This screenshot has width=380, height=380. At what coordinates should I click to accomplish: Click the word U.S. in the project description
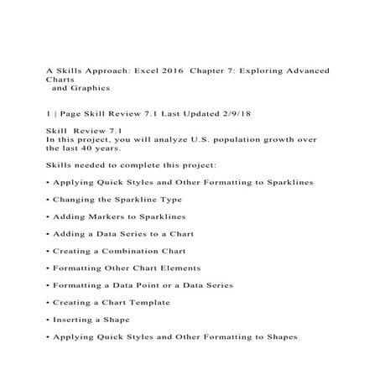pyautogui.click(x=200, y=139)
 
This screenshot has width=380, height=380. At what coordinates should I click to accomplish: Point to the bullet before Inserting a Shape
pyautogui.click(x=47, y=319)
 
